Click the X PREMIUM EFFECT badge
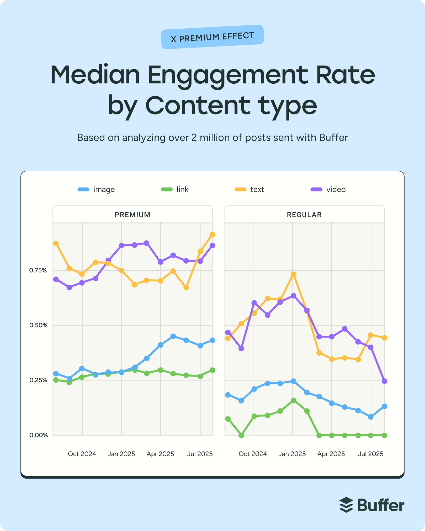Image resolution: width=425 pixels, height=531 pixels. point(212,37)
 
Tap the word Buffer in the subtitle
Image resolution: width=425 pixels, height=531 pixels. point(333,138)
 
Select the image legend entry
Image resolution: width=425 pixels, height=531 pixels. point(96,189)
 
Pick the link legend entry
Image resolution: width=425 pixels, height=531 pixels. point(175,189)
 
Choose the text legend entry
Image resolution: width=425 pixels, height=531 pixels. point(249,189)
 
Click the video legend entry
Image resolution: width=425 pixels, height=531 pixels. point(328,189)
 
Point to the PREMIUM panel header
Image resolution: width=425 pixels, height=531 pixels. point(132,214)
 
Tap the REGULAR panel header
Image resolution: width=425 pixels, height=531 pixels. point(304,214)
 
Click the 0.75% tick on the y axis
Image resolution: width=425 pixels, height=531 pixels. point(38,270)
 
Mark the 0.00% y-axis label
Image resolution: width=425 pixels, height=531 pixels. point(38,435)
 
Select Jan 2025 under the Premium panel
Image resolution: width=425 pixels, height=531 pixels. point(121,454)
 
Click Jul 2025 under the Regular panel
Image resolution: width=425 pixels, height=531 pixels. point(370,454)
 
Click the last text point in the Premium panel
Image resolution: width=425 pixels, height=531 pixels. point(212,234)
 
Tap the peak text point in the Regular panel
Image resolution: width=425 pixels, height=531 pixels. point(294,274)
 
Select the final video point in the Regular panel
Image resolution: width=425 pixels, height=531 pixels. point(384,381)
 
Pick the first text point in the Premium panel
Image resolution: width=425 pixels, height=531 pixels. point(56,243)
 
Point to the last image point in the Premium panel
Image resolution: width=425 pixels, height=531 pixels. point(212,340)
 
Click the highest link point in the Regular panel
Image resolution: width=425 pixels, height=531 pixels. point(294,400)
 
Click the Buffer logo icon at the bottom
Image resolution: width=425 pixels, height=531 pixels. point(346,505)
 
